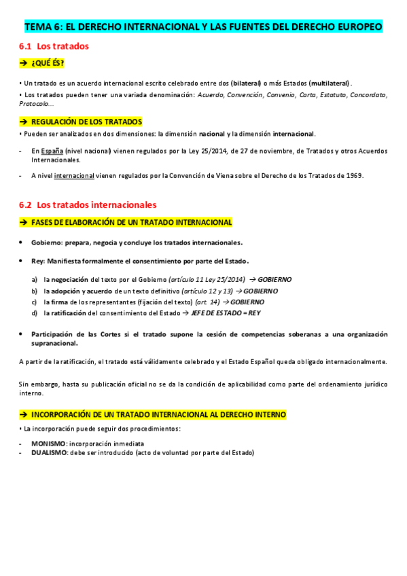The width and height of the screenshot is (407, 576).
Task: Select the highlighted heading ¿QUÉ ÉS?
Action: coord(50,63)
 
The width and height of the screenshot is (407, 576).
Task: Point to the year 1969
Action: coord(354,175)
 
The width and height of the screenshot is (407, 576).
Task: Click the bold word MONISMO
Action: coord(48,444)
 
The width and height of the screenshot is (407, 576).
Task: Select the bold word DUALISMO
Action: coord(48,452)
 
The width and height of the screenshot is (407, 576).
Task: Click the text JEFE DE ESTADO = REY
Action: coord(226,313)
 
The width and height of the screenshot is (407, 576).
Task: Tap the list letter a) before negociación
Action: coord(35,279)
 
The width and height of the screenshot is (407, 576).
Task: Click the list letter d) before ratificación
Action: coord(35,313)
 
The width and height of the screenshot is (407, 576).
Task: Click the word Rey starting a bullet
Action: coord(37,261)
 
